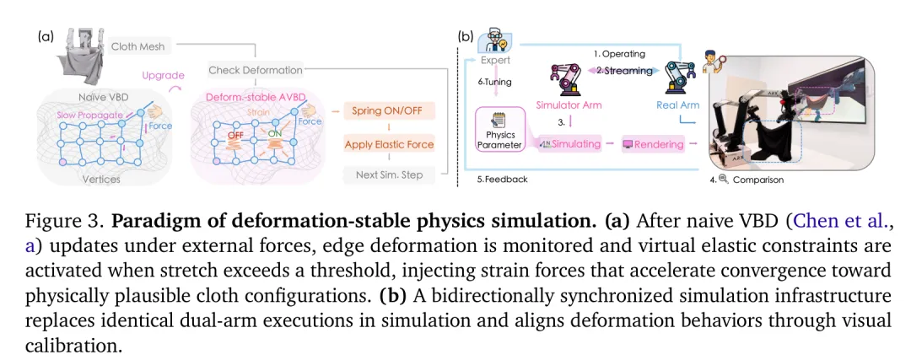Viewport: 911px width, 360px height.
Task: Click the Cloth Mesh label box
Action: (x=138, y=46)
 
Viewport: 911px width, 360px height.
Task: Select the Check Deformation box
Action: (x=256, y=70)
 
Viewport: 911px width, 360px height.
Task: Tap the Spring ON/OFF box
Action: (x=389, y=111)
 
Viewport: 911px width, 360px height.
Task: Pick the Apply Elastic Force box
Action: (x=389, y=144)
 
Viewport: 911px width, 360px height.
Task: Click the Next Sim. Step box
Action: (x=389, y=175)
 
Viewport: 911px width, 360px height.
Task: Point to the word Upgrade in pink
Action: (x=163, y=75)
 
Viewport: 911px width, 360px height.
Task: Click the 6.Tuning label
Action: (x=494, y=82)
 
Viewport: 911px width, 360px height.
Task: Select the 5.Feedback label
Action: (x=503, y=180)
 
